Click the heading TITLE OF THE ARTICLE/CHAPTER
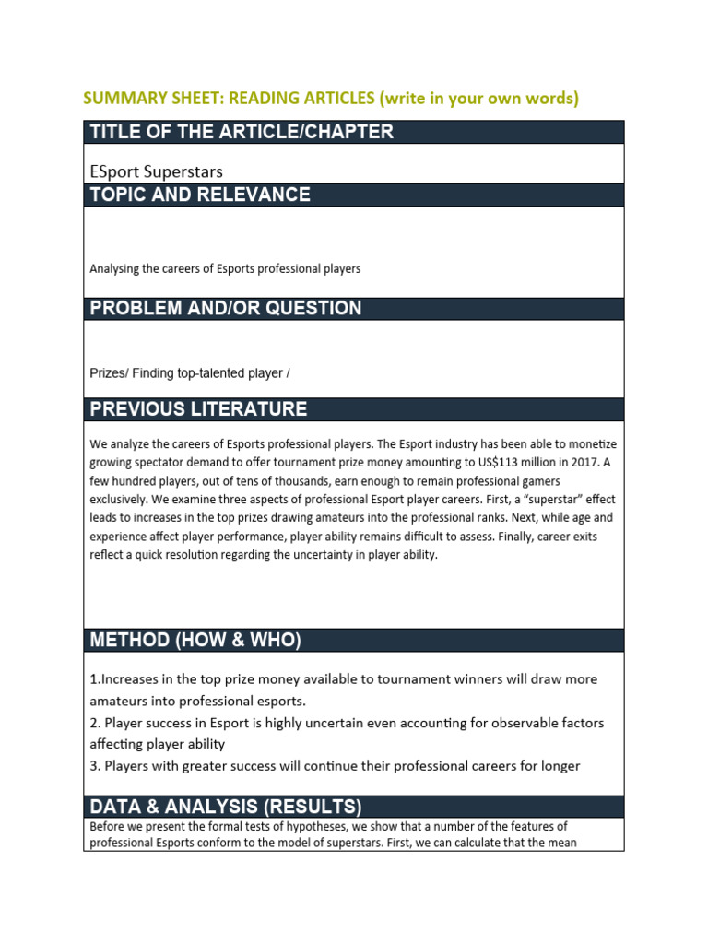click(x=242, y=132)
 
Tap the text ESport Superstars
click(x=156, y=171)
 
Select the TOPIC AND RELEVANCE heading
click(x=199, y=195)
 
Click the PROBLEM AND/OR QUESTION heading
click(x=225, y=308)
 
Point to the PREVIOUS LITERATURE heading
click(x=198, y=409)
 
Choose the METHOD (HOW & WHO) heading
click(x=195, y=641)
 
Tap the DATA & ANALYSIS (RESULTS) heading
click(x=225, y=807)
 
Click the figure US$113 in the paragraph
click(x=472, y=463)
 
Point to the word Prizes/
click(x=109, y=372)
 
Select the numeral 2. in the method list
click(x=95, y=723)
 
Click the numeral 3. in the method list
click(x=95, y=766)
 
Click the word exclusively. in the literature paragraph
click(x=119, y=500)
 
